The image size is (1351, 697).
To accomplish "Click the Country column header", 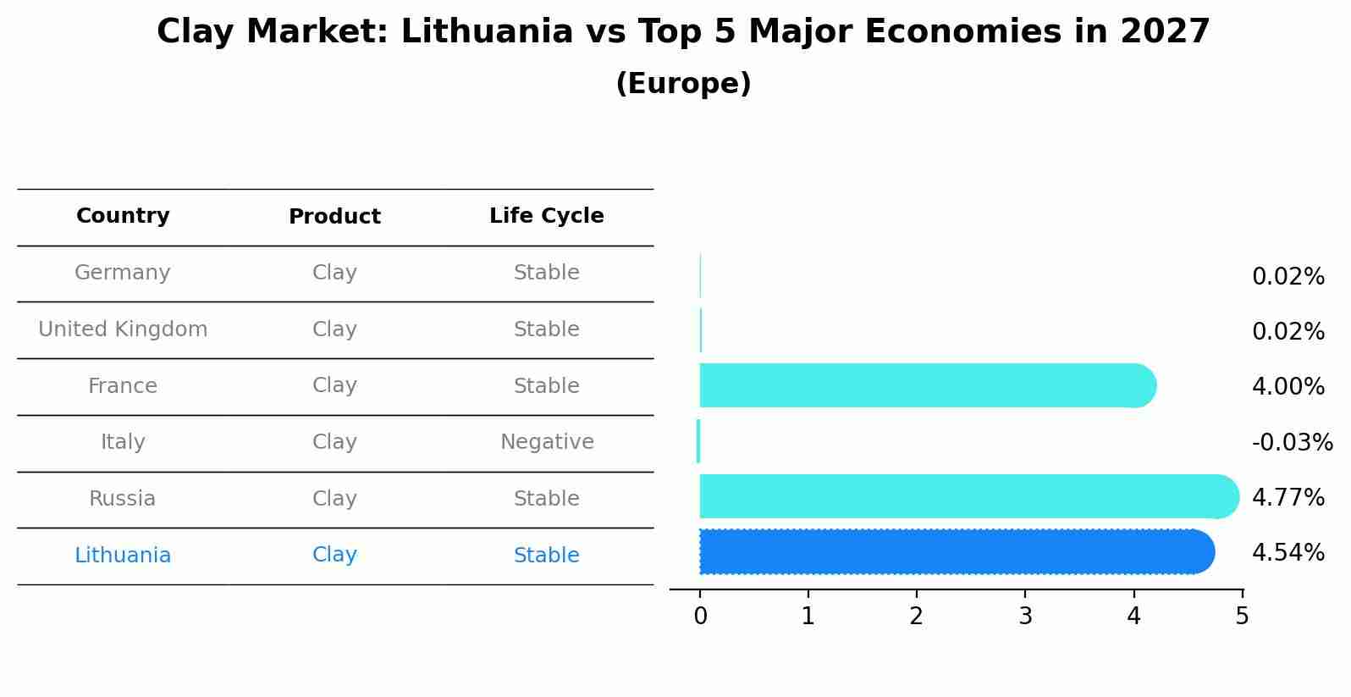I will pos(123,216).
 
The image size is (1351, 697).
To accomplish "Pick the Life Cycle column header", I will pos(546,216).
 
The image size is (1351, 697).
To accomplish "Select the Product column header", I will pos(334,217).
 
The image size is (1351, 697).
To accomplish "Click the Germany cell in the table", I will pos(123,273).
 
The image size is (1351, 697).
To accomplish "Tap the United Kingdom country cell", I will pos(123,329).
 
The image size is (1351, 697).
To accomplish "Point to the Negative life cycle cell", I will pos(547,442).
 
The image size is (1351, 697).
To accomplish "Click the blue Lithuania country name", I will pos(123,556).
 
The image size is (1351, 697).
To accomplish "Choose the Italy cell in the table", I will pos(123,442).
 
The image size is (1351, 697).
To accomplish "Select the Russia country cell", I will pos(123,499).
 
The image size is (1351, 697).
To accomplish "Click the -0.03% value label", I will pos(1292,443).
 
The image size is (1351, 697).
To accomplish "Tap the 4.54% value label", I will pos(1288,553).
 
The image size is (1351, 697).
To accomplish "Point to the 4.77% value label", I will pos(1288,498).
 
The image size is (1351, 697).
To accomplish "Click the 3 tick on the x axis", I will pos(1025,617).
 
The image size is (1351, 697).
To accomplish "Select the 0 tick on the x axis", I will pos(700,617).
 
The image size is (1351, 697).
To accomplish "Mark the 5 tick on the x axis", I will pos(1242,617).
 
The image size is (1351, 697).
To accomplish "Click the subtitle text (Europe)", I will pos(683,84).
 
